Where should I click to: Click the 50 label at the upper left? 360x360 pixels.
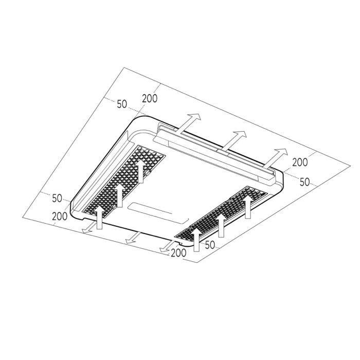pos(122,104)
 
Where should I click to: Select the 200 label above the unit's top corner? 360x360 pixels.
pos(150,99)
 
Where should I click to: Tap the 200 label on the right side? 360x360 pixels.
pos(300,163)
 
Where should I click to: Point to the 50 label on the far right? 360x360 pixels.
pos(305,182)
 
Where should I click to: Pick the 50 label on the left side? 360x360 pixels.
pos(57,198)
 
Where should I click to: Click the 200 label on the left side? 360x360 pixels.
pos(60,217)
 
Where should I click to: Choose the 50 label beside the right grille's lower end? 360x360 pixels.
pos(210,245)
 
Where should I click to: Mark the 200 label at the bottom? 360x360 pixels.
pos(178,253)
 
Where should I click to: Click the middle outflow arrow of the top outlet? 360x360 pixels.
pos(233,140)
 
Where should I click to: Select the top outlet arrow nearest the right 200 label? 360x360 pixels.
pos(275,158)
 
